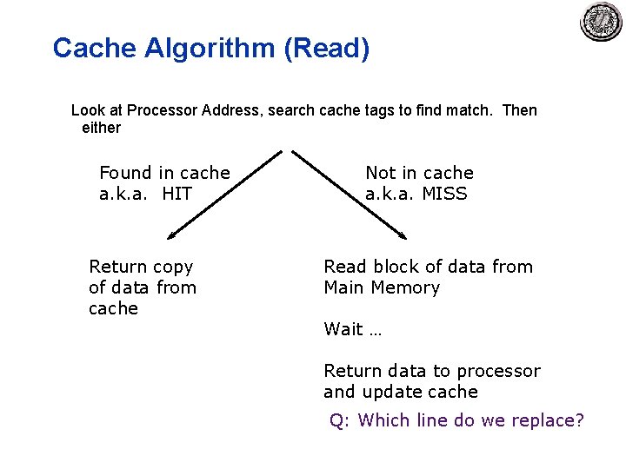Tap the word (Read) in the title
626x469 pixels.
(x=326, y=49)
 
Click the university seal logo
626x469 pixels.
(x=602, y=22)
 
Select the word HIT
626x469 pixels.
(x=177, y=194)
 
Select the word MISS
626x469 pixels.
(x=444, y=194)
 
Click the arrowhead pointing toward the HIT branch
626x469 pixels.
(x=172, y=234)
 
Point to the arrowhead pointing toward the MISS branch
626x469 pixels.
(x=402, y=234)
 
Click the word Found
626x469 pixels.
(x=125, y=173)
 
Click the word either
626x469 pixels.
(x=101, y=128)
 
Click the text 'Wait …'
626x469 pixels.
(x=352, y=329)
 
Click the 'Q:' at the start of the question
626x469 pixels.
(x=339, y=420)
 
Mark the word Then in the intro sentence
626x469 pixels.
(x=520, y=110)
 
